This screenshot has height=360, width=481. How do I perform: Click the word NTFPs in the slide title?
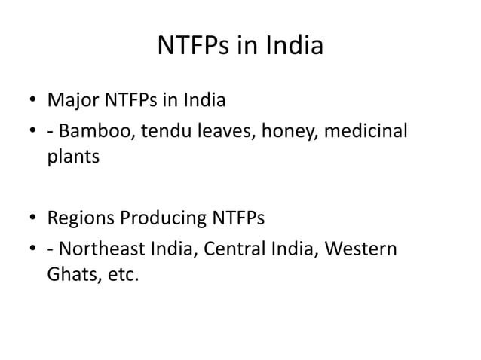coord(195,47)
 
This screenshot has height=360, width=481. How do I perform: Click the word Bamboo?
coord(92,133)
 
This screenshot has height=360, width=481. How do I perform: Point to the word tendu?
coord(158,133)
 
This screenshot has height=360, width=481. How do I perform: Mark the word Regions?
coord(79,220)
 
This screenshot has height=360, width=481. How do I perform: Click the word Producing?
coord(159,220)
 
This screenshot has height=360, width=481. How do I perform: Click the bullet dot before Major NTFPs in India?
coord(34,101)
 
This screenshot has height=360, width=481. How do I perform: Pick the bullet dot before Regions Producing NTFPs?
coord(34,221)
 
